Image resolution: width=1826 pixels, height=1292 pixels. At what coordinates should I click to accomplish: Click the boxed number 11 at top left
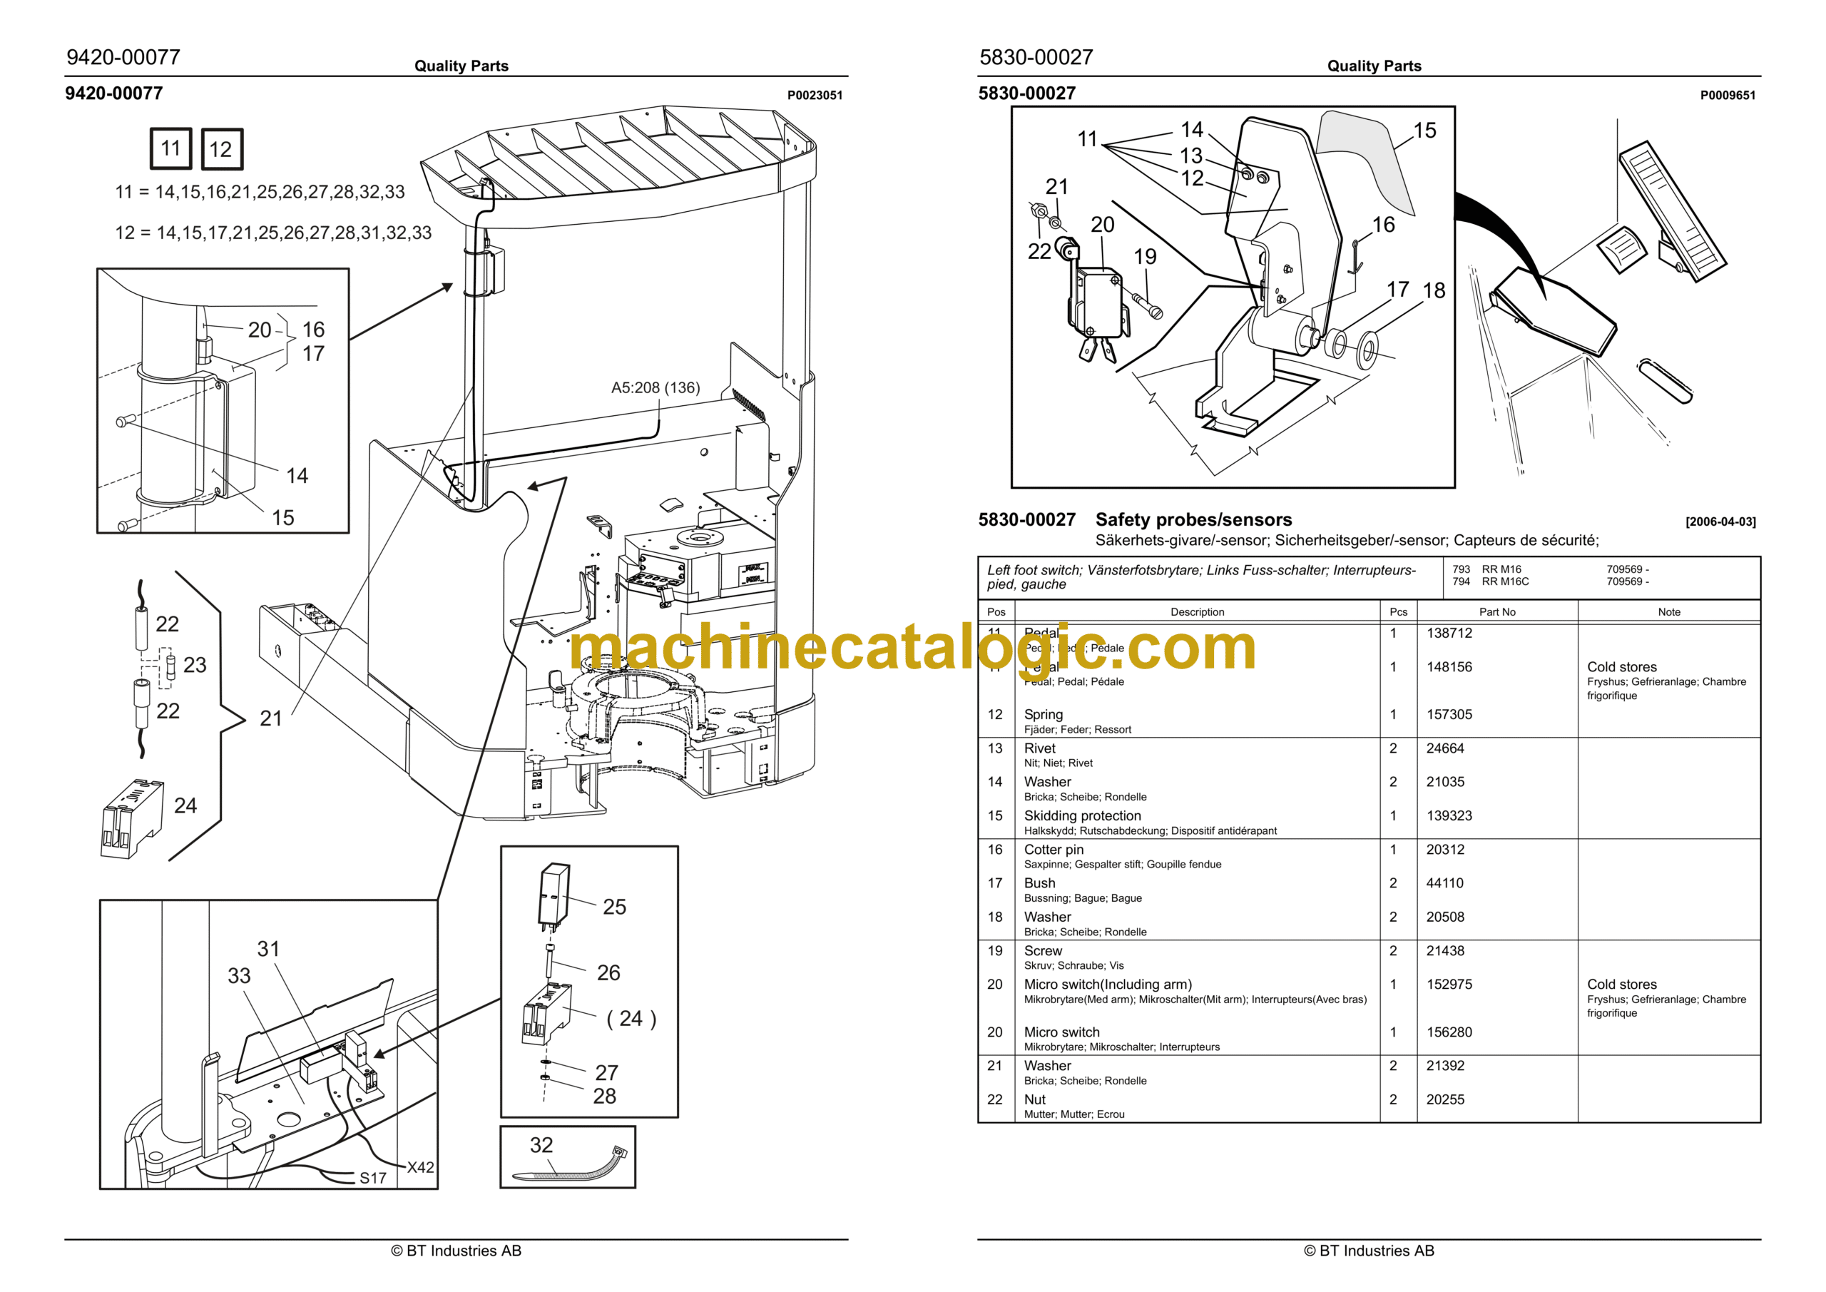pyautogui.click(x=171, y=148)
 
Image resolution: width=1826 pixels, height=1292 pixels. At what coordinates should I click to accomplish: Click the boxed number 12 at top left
pyautogui.click(x=221, y=149)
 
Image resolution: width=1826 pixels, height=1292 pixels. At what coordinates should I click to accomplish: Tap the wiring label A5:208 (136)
pyautogui.click(x=656, y=387)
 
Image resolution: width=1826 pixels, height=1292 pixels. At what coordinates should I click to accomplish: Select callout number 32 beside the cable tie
pyautogui.click(x=541, y=1145)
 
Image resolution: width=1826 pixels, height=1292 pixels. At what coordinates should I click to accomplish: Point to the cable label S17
pyautogui.click(x=372, y=1179)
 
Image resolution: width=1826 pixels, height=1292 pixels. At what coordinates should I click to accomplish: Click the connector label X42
pyautogui.click(x=420, y=1167)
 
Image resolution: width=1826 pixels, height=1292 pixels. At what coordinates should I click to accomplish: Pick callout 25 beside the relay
pyautogui.click(x=614, y=907)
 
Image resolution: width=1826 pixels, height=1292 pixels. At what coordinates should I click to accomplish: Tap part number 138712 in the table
pyautogui.click(x=1449, y=634)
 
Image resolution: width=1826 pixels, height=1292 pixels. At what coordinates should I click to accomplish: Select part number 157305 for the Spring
pyautogui.click(x=1449, y=714)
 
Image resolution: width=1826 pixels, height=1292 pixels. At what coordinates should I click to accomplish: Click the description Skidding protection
pyautogui.click(x=1081, y=815)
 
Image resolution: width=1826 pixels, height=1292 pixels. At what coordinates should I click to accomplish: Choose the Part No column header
pyautogui.click(x=1496, y=612)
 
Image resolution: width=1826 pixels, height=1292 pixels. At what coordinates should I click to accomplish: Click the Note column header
pyautogui.click(x=1668, y=612)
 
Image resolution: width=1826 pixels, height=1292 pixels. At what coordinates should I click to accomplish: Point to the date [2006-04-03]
pyautogui.click(x=1720, y=522)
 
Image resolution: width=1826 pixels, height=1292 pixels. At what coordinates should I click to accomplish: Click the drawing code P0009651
pyautogui.click(x=1728, y=96)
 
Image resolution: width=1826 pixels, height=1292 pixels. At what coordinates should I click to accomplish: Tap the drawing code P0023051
pyautogui.click(x=815, y=96)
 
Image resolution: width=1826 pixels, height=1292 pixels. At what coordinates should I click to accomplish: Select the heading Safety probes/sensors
pyautogui.click(x=1193, y=519)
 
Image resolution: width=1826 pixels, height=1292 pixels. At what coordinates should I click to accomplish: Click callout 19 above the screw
pyautogui.click(x=1144, y=257)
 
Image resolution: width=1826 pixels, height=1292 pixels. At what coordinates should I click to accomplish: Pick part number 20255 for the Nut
pyautogui.click(x=1445, y=1099)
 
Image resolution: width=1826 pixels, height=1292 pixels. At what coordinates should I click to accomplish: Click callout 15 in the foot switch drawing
pyautogui.click(x=1424, y=131)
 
